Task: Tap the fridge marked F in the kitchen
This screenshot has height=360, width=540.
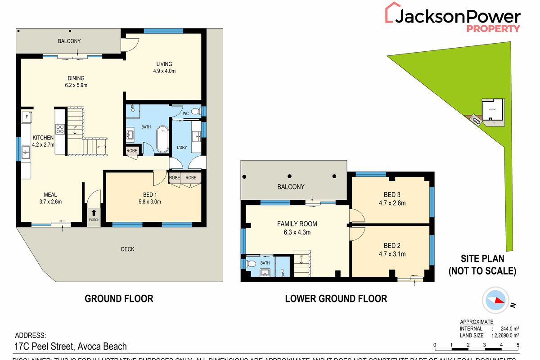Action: (27, 117)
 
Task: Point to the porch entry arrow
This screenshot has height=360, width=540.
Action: (94, 213)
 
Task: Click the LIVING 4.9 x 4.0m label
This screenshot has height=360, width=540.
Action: (164, 67)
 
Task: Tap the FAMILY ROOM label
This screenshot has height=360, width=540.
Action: (297, 224)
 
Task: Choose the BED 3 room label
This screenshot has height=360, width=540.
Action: (392, 194)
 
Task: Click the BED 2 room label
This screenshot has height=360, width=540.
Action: (392, 246)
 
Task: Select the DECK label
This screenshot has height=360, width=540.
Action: (127, 249)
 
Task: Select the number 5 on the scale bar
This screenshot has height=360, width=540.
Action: (518, 345)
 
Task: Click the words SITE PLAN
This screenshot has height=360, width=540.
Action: (481, 259)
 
